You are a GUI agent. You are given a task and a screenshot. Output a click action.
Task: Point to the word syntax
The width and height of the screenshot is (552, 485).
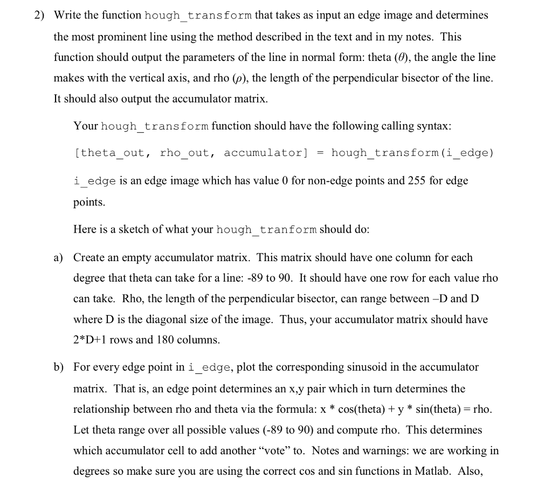click(x=433, y=126)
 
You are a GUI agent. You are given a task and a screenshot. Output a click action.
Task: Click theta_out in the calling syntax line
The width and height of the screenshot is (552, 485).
click(x=112, y=153)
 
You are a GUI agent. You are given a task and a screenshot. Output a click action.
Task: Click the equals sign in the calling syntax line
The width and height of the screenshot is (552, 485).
click(x=320, y=153)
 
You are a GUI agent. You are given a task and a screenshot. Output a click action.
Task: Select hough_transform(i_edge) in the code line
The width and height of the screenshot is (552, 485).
click(x=412, y=153)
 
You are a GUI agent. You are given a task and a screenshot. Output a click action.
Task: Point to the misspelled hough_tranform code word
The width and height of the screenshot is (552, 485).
click(x=266, y=230)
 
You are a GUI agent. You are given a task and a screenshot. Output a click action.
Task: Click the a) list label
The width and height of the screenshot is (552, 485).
click(x=58, y=258)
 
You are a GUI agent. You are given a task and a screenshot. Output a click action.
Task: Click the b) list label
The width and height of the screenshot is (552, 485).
click(x=58, y=367)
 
